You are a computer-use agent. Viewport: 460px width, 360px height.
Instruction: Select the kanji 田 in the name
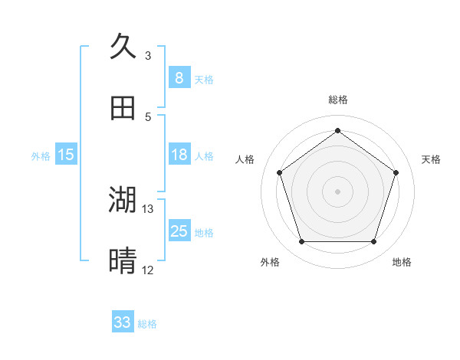click(x=123, y=108)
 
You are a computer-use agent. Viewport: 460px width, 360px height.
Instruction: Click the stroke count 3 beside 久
click(x=148, y=56)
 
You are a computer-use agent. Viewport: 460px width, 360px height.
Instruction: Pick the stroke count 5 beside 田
click(x=148, y=117)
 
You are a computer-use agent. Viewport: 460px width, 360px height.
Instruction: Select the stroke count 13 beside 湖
click(x=148, y=208)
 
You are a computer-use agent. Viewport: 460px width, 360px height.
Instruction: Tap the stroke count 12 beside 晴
click(x=148, y=270)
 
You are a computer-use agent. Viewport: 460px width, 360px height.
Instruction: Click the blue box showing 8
click(x=179, y=77)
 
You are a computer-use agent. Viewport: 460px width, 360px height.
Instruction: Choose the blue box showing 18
click(x=179, y=155)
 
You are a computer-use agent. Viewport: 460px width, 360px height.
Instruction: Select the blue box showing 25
click(x=179, y=231)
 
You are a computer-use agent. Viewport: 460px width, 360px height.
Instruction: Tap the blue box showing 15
click(x=66, y=155)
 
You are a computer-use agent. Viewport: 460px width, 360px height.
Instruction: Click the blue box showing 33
click(x=123, y=322)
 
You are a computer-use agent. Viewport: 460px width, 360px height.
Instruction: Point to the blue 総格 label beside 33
click(x=147, y=324)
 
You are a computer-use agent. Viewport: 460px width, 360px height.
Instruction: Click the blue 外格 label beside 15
click(x=41, y=156)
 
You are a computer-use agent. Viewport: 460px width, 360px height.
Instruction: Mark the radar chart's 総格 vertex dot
click(x=337, y=130)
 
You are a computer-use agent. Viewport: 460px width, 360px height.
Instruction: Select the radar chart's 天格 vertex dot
click(x=396, y=172)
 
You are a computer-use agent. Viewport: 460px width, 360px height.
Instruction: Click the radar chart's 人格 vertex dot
click(x=279, y=172)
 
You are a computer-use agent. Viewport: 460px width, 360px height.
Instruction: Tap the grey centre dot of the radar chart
click(x=337, y=191)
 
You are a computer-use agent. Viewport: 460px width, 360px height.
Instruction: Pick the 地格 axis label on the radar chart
click(x=402, y=263)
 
